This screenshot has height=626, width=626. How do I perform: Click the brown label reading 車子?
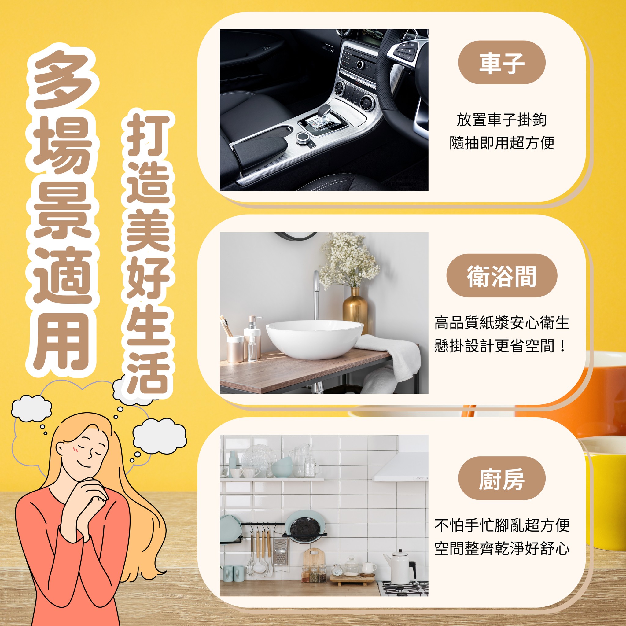502,62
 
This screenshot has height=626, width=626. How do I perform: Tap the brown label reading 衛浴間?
502,275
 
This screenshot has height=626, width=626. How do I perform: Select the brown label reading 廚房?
502,478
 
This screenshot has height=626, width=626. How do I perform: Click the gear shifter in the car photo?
323,115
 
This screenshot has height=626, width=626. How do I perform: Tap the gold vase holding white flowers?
355,309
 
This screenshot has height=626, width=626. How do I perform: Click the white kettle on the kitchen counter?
400,567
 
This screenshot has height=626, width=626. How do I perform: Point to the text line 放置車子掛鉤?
502,120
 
